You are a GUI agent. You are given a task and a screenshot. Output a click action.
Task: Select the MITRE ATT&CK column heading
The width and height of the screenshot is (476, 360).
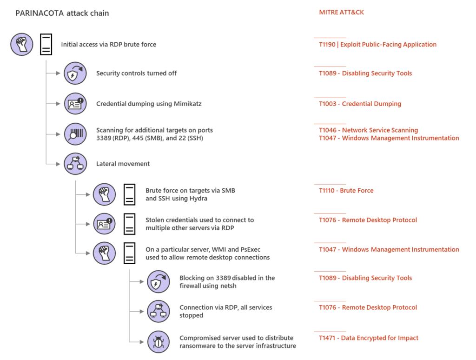click(341, 13)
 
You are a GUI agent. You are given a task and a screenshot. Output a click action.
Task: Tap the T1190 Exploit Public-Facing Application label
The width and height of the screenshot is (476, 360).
click(377, 45)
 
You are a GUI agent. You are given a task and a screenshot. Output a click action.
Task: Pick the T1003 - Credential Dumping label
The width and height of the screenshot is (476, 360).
click(360, 104)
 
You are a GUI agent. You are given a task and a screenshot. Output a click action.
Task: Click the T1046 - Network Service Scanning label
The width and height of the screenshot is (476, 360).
click(368, 130)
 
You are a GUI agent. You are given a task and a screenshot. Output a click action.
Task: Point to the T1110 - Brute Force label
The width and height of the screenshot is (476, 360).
click(346, 190)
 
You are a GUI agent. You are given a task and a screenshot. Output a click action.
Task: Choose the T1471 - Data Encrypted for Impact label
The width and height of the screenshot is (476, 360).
click(368, 338)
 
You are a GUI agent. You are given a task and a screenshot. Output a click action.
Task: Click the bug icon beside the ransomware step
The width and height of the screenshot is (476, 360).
click(159, 342)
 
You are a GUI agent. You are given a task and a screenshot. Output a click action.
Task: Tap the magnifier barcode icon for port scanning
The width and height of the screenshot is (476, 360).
click(75, 134)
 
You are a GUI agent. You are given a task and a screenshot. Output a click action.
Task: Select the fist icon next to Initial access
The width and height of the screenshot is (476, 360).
click(22, 45)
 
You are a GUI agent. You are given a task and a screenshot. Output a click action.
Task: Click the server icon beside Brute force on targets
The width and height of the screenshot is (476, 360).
click(129, 194)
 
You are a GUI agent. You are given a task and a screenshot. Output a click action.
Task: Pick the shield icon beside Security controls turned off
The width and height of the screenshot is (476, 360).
click(75, 73)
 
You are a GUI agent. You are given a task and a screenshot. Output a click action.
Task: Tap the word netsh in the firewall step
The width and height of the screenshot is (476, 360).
click(228, 286)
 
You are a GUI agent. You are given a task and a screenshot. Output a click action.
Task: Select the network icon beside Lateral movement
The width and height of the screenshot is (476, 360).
click(75, 164)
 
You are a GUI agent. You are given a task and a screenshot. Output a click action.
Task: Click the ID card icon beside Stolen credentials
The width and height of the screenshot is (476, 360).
click(105, 224)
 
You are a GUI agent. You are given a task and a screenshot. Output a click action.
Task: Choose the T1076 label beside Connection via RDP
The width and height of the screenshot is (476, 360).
click(368, 307)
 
